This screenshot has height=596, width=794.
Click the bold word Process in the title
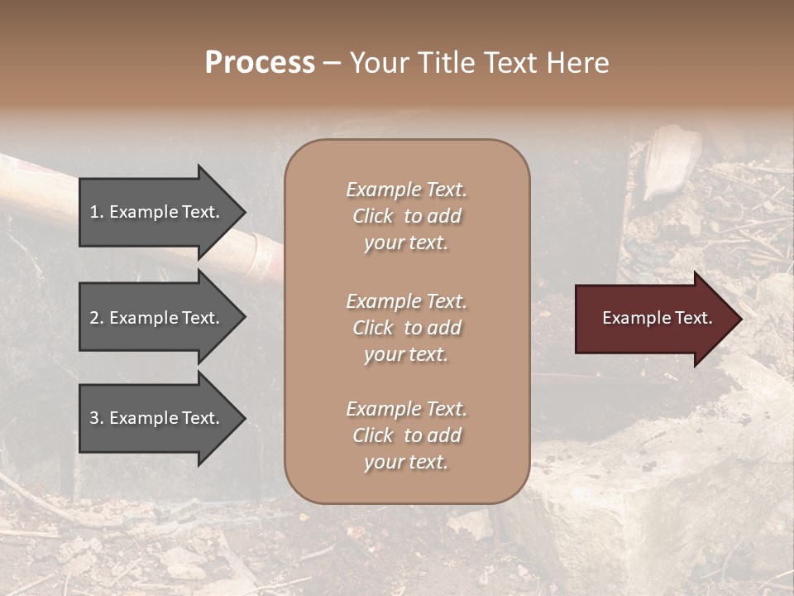point(260,63)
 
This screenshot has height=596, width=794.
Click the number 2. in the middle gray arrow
point(97,318)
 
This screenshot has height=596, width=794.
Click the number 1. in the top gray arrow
point(97,212)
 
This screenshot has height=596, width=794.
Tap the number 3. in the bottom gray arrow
point(97,418)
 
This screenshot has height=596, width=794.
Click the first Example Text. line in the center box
point(406,190)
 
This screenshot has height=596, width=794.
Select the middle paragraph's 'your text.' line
point(406,354)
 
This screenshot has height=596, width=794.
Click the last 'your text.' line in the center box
point(406,462)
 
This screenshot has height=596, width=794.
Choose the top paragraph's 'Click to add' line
point(406,216)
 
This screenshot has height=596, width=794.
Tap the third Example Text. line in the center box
point(406,409)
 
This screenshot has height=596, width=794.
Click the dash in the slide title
point(332,64)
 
